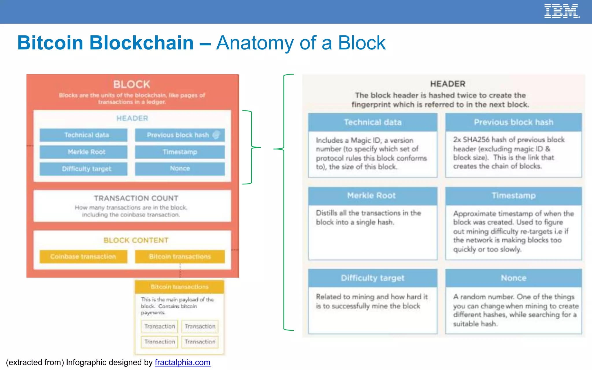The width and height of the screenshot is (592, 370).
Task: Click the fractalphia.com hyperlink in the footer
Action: (x=182, y=362)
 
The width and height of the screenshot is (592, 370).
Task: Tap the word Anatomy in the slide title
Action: (x=255, y=43)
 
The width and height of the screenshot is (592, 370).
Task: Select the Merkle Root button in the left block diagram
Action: (x=83, y=152)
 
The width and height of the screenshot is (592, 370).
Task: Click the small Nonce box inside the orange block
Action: (x=180, y=169)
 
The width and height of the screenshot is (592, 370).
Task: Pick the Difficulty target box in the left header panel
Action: (x=83, y=169)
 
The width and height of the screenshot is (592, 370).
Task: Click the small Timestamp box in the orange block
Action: (x=180, y=152)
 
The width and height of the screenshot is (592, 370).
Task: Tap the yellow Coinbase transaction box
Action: (x=83, y=256)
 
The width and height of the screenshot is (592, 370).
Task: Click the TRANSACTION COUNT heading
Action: (x=136, y=198)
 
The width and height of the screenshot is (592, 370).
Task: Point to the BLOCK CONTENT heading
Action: (x=136, y=240)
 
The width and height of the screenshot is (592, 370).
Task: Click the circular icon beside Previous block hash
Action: (x=216, y=135)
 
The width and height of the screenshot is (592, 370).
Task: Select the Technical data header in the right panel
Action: (x=373, y=122)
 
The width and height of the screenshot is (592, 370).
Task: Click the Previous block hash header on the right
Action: (x=513, y=122)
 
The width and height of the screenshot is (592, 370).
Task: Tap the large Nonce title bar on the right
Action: (x=513, y=278)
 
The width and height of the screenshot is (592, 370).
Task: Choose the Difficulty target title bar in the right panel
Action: (x=373, y=278)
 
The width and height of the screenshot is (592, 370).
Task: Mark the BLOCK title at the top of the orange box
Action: (x=132, y=84)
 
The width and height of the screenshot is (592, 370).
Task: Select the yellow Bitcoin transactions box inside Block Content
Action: (x=180, y=256)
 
